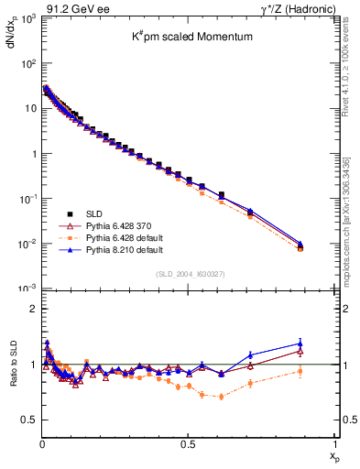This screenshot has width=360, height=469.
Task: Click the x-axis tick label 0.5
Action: coord(188,442)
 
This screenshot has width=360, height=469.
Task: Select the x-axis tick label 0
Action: coord(41,442)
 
